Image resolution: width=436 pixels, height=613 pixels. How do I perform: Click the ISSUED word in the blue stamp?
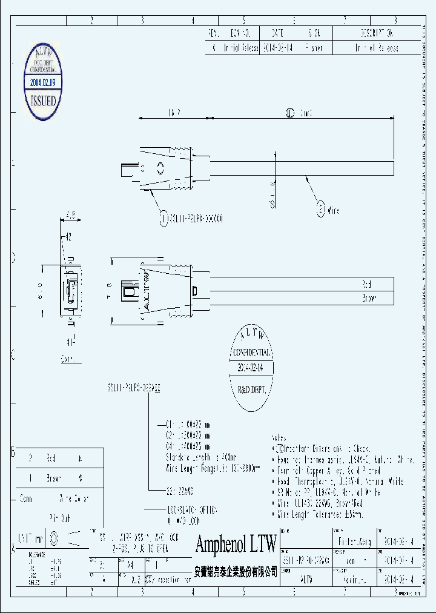tap(43, 101)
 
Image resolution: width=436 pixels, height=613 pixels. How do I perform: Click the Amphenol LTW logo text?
tap(236, 543)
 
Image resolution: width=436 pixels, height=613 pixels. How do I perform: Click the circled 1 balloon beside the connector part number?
tap(163, 219)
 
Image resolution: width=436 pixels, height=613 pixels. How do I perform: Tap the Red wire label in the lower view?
tap(366, 283)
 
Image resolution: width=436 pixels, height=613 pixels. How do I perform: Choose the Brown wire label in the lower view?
tap(369, 298)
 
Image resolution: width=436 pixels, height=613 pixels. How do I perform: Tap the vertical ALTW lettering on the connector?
tap(145, 290)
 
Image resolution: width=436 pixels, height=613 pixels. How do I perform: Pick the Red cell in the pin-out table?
tap(51, 459)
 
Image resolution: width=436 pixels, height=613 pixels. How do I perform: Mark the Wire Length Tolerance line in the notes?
tap(309, 514)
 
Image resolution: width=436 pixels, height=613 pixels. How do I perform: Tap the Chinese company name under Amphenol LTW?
tap(236, 571)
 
